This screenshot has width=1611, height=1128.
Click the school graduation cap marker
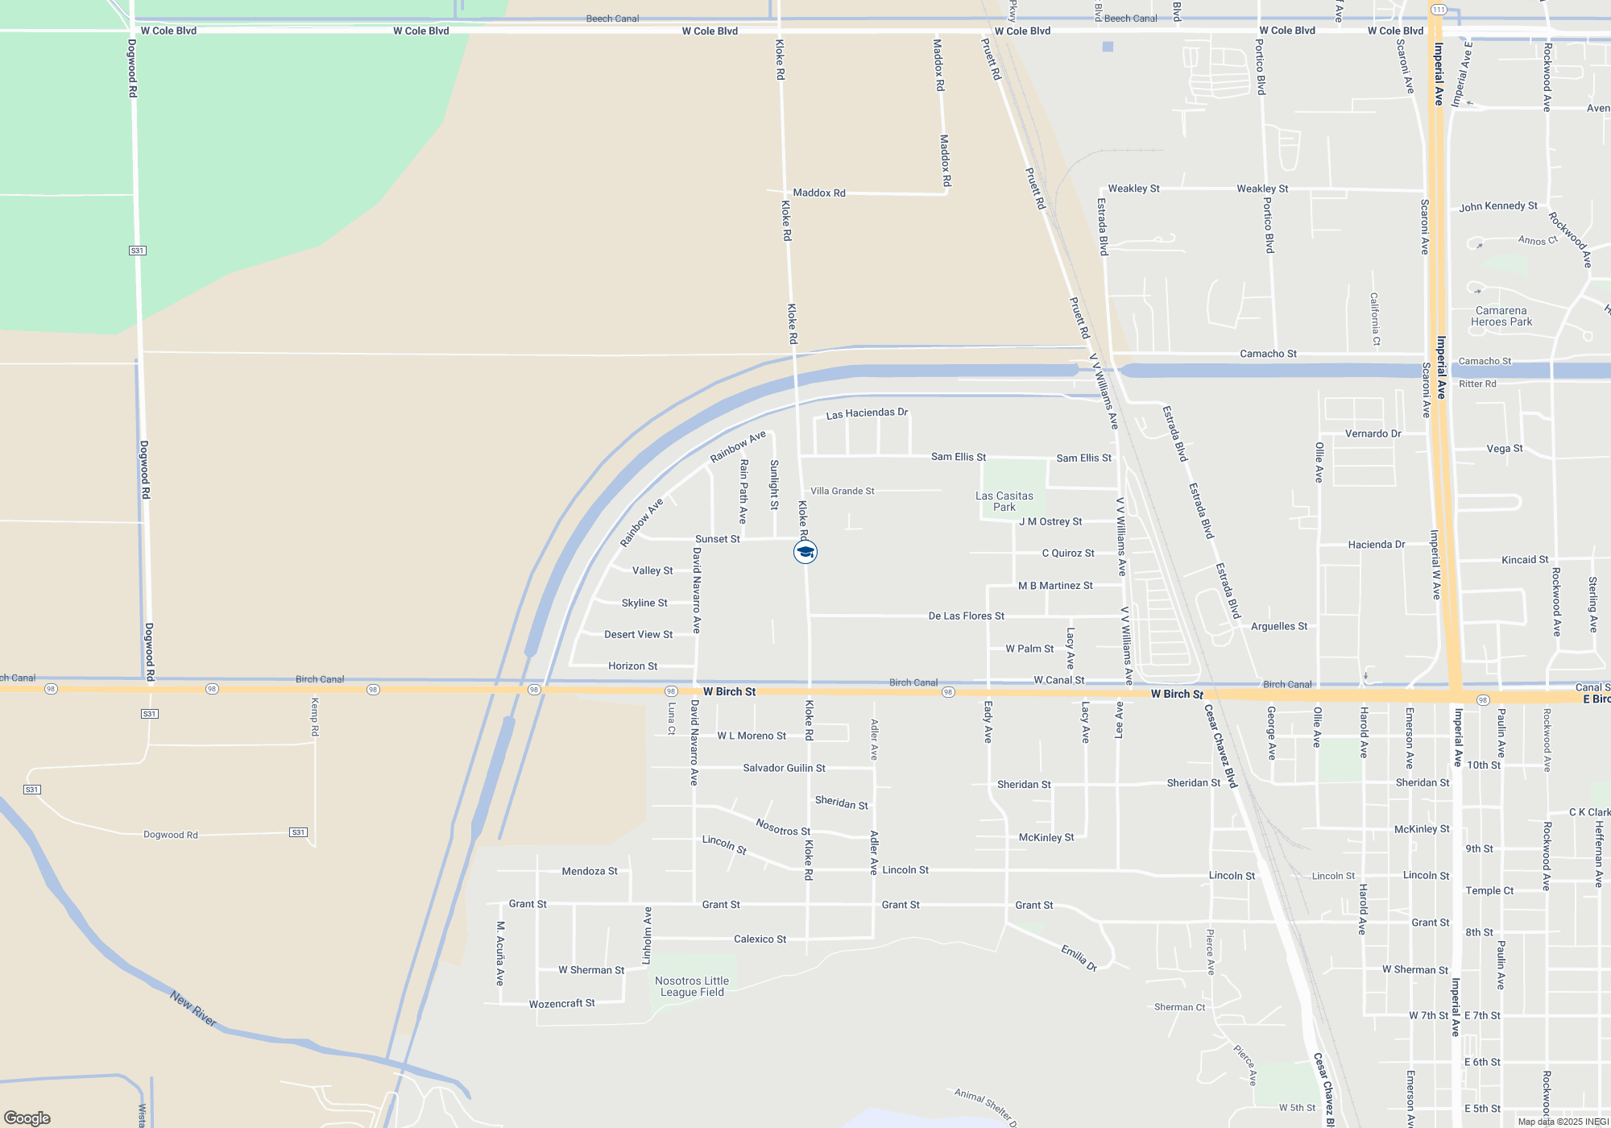tap(805, 552)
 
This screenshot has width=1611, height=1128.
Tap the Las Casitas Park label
tap(1004, 501)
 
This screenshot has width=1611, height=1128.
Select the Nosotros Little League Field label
tap(692, 986)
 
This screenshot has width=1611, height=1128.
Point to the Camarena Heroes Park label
tap(1501, 316)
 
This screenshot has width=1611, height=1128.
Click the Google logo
tap(27, 1118)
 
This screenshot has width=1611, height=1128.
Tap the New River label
tap(193, 1009)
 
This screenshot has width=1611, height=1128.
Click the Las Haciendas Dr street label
tap(867, 413)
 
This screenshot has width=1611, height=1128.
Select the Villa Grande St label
tap(842, 491)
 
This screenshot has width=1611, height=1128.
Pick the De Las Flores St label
tap(966, 616)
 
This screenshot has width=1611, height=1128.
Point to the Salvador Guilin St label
tap(784, 768)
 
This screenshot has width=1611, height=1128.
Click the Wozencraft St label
tap(561, 1003)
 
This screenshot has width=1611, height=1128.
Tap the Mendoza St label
tap(590, 871)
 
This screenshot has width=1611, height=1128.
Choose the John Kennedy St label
tap(1498, 206)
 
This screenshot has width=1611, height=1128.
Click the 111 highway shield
tap(1439, 10)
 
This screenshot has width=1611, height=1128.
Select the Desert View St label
tap(638, 634)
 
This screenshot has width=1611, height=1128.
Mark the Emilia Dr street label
tap(1079, 958)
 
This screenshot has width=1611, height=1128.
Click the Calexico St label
tap(760, 939)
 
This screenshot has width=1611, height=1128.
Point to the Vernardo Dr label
tap(1373, 433)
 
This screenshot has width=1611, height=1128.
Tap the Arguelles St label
tap(1279, 626)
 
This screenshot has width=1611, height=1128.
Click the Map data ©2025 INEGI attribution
tap(1563, 1122)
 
